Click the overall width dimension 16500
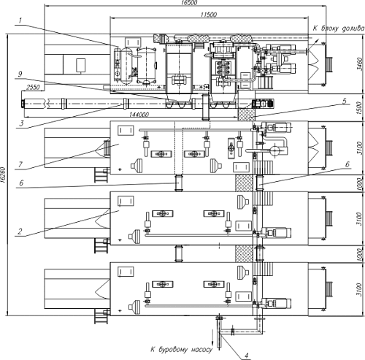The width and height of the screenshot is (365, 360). pos(189,2)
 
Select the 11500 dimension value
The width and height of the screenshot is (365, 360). pos(209,15)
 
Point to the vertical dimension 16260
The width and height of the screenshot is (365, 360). pos(3,175)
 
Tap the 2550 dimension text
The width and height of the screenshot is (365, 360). pos(33,87)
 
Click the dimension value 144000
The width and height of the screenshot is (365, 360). pos(139,115)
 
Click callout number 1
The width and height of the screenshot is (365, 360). pos(20,20)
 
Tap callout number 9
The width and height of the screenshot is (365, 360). pos(20,74)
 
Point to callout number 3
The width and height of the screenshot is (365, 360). pos(21,123)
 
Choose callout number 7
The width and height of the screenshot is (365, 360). pos(20,164)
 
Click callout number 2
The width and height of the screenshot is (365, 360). pos(20,231)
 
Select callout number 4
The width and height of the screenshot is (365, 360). pos(247,356)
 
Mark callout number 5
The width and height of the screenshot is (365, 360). pos(345,101)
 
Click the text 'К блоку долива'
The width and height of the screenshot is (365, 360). pos(339,28)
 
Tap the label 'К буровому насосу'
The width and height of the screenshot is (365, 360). pos(181,350)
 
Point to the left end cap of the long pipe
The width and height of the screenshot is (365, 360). pos(23,104)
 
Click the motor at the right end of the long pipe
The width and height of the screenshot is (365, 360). pos(264,104)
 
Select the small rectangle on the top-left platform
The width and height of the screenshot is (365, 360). pos(80,65)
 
